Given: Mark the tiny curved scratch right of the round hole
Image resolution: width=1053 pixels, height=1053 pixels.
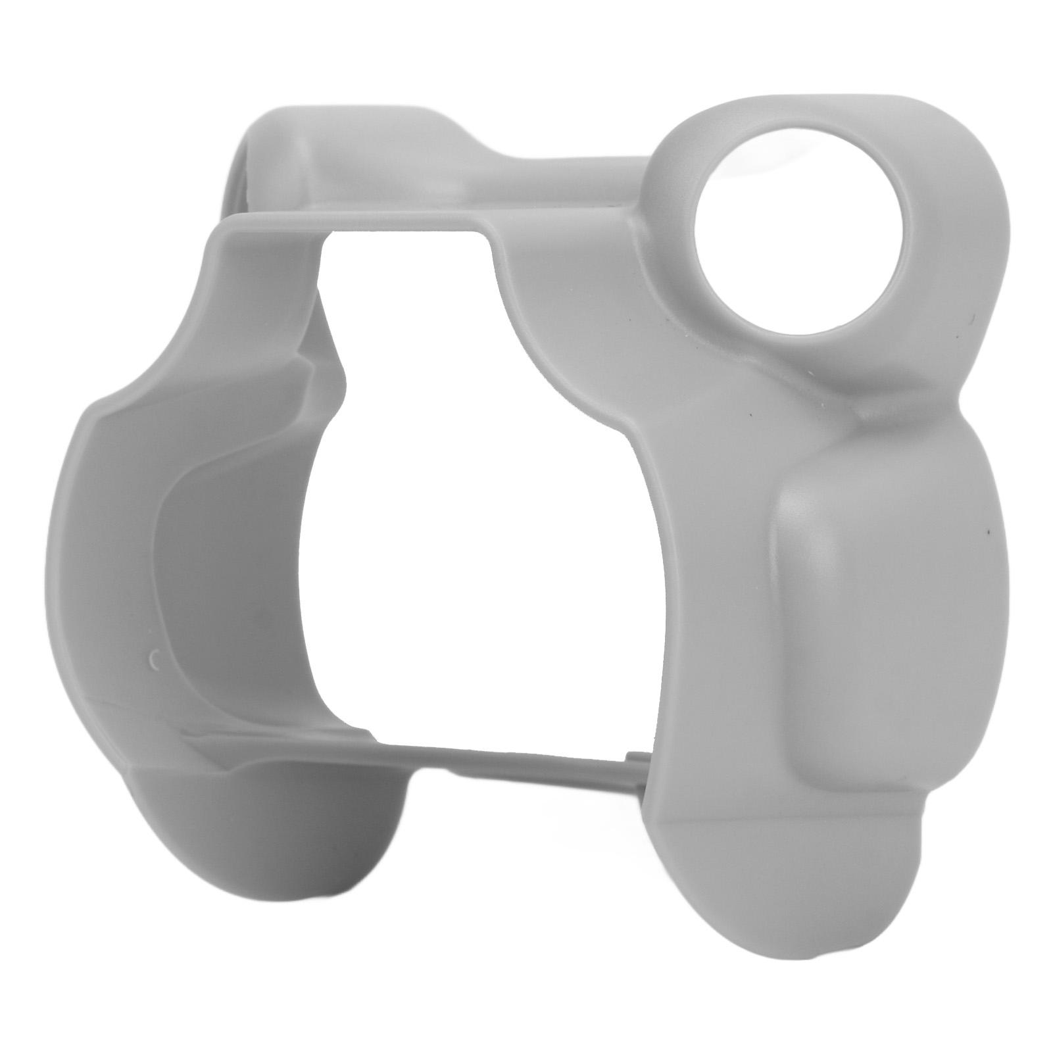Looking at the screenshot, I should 971,318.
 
